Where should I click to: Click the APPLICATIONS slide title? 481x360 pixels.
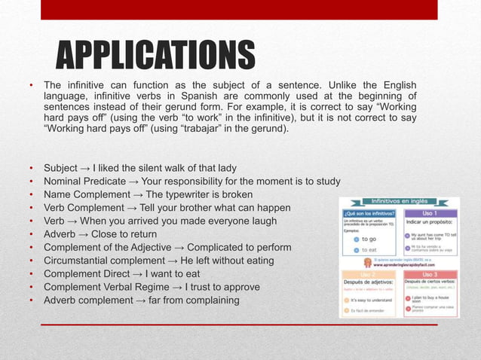click(157, 56)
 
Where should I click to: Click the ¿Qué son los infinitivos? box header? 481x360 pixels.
click(369, 213)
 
